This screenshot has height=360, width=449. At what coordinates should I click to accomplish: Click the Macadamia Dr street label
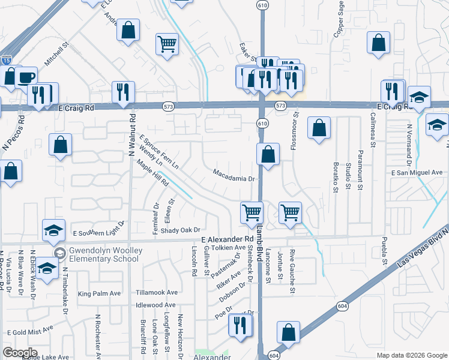click(235, 174)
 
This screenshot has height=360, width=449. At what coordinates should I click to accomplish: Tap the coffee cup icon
click(26, 77)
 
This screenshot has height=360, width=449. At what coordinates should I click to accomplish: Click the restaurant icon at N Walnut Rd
click(122, 92)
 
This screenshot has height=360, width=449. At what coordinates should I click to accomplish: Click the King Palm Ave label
click(99, 293)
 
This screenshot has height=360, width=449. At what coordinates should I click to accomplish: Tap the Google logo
click(20, 352)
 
